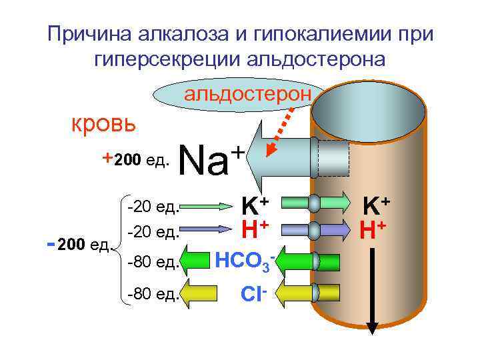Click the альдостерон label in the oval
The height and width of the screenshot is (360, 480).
coord(247,93)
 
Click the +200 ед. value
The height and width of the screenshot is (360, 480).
coord(137,160)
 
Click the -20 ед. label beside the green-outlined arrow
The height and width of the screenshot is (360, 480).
coord(153,205)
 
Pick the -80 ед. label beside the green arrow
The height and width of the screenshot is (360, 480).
coord(153,262)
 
